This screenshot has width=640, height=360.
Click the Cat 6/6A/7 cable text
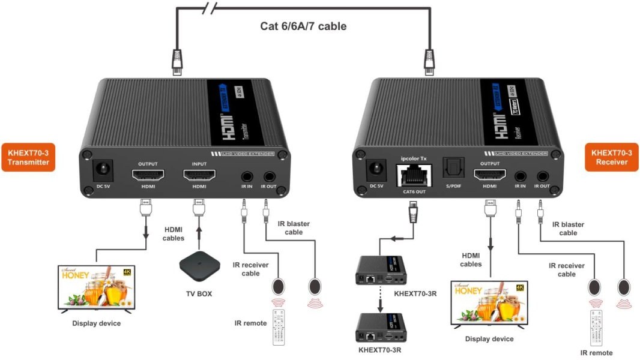coord(303,26)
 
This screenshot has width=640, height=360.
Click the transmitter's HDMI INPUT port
coord(199,176)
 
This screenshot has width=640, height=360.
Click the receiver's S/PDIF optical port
coord(451,168)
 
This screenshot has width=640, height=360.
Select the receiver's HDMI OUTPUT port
coord(489,176)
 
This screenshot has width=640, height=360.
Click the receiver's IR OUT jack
coord(543,176)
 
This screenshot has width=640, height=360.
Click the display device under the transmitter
coord(96,289)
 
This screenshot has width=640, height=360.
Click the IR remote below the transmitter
coord(279,326)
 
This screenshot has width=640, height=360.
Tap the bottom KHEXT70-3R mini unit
coord(380,328)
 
